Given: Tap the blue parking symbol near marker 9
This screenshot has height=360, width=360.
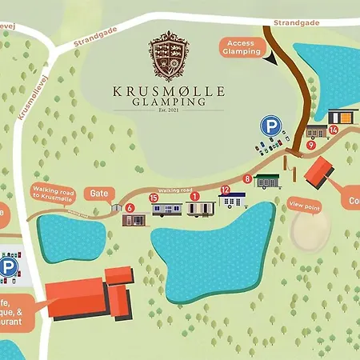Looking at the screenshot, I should pyautogui.click(x=270, y=126).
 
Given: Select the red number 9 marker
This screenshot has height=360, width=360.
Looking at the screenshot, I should pyautogui.click(x=310, y=146).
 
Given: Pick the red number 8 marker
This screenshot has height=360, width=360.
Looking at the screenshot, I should pyautogui.click(x=247, y=178).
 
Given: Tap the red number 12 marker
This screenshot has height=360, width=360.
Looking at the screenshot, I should pyautogui.click(x=226, y=190).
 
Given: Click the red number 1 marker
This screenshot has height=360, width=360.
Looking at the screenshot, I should pyautogui.click(x=194, y=196).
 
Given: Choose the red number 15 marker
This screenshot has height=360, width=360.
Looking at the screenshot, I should pyautogui.click(x=154, y=198).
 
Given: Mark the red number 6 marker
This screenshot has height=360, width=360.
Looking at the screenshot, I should pyautogui.click(x=129, y=206).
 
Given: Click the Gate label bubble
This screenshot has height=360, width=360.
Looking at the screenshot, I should pyautogui.click(x=99, y=194).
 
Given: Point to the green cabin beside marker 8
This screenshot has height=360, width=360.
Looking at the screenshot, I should pyautogui.click(x=267, y=181).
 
